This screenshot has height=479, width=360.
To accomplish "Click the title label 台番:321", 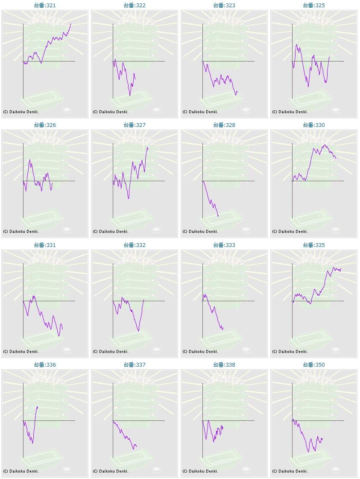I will [x=45, y=5].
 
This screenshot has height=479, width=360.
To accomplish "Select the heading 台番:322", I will [x=135, y=5].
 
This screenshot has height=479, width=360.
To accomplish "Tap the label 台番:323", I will [x=224, y=5].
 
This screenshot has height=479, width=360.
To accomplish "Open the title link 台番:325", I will [x=314, y=5].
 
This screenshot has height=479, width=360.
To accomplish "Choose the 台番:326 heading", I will [x=45, y=125].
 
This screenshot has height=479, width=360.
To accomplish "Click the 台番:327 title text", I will [x=135, y=125].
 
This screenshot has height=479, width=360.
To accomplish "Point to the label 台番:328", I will [x=224, y=125].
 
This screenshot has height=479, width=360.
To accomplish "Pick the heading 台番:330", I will [x=314, y=125].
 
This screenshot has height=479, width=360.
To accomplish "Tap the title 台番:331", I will [x=45, y=245].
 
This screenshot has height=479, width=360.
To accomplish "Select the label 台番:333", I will [x=224, y=245].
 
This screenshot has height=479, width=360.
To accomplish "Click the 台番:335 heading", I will [x=314, y=245].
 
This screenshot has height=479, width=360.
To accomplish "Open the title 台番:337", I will [x=135, y=365].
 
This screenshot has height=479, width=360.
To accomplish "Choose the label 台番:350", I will [x=314, y=365].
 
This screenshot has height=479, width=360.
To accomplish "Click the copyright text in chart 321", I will [x=21, y=112].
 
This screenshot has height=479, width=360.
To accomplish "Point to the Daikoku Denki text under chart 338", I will [x=200, y=471].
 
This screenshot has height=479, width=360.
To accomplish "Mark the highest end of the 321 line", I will [x=71, y=24].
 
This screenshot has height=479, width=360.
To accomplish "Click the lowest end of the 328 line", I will [x=218, y=216].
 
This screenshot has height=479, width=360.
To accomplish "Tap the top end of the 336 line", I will [x=38, y=406].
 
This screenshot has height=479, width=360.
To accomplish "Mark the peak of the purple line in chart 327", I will [x=147, y=147].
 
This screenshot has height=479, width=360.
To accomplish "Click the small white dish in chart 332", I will [x=157, y=350].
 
